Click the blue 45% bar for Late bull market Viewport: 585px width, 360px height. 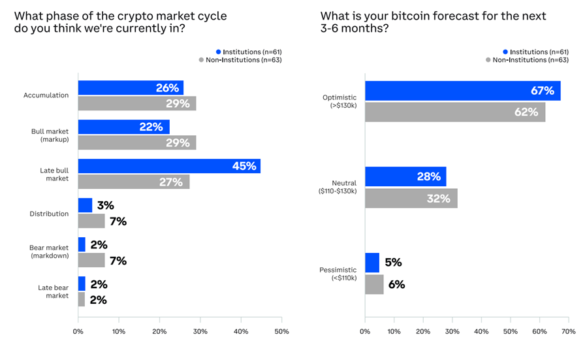click(169, 166)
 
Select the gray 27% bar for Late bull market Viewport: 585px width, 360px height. click(134, 182)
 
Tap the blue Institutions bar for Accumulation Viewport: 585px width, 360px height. click(131, 88)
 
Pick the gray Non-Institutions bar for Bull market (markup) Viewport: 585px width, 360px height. click(137, 142)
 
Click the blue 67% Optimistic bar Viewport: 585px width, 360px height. click(462, 90)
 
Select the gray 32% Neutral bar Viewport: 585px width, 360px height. click(411, 198)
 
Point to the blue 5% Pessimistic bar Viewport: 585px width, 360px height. click(372, 263)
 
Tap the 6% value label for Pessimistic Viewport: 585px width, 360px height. click(396, 284)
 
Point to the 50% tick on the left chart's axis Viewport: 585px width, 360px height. click(281, 331)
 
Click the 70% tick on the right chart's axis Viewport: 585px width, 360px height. click(568, 331)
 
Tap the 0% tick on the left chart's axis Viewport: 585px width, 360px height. click(78, 331)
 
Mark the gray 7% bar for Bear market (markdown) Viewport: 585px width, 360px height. click(91, 260)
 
